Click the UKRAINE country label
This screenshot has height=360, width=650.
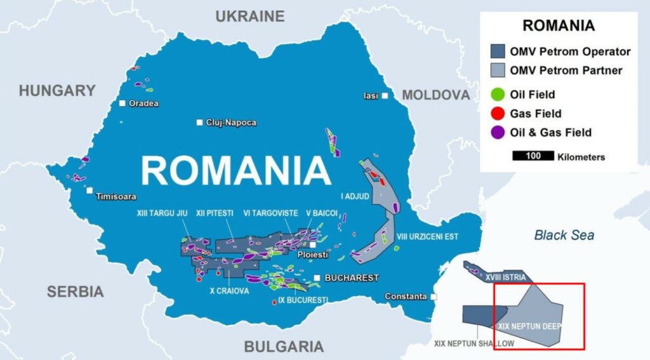pos(249,17)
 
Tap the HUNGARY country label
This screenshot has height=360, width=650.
pos(56,91)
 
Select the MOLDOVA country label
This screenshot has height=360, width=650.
pos(436,95)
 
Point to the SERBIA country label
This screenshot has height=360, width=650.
pos(75,291)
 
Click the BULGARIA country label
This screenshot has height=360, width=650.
pos(284,346)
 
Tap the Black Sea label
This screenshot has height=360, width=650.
pos(564,236)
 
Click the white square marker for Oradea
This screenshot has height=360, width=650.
pos(123,103)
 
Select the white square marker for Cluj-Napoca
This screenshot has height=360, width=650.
pos(200,123)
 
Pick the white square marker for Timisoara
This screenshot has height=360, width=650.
pos(90,190)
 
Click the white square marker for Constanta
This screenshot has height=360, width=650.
pos(434,297)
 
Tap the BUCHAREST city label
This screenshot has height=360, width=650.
pos(351,278)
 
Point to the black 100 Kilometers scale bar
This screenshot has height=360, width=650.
pos(532,156)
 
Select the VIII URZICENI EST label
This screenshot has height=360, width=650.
pos(427,237)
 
